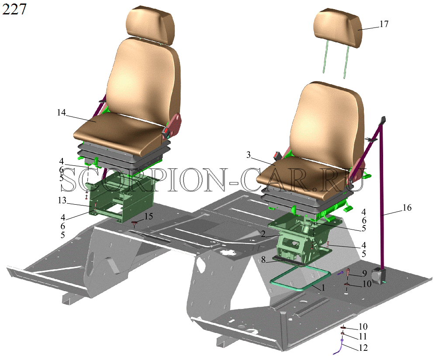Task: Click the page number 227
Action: pos(14,9)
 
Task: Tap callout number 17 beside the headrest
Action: pos(384,24)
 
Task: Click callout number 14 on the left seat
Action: pos(61,113)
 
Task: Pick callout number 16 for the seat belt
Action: pos(407,208)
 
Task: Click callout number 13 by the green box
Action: pos(62,200)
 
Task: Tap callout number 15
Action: pos(149,216)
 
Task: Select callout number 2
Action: pos(263,234)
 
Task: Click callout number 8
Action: pos(263,260)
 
